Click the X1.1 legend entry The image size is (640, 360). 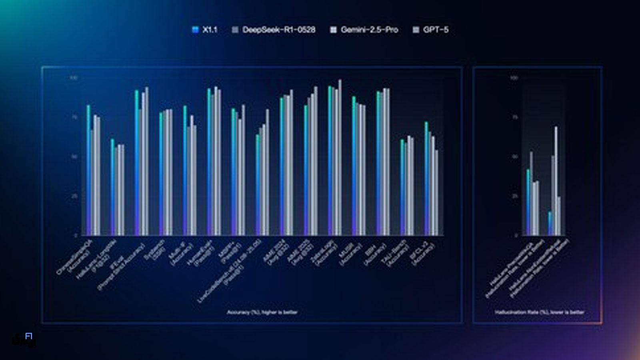coord(205,30)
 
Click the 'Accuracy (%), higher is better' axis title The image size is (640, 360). coord(262,312)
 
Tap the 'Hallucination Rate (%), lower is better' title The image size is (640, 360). coord(539,312)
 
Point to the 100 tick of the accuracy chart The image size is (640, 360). coord(74,78)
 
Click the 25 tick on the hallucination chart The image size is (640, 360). coord(514,196)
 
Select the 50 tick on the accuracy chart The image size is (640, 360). coord(74,157)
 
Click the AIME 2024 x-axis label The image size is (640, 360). coord(275,252)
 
